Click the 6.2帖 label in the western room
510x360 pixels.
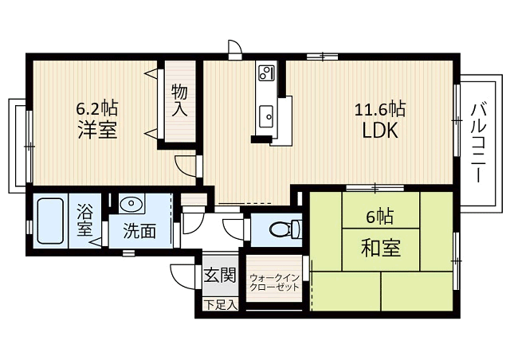[x=97, y=108]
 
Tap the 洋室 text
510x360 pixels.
[x=97, y=130]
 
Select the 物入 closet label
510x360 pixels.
[x=179, y=100]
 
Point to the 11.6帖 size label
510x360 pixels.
[x=379, y=108]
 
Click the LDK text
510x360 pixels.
[x=380, y=130]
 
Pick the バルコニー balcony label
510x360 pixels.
[x=478, y=142]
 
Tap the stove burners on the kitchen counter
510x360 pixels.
[x=266, y=72]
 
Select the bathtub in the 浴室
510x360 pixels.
[x=50, y=221]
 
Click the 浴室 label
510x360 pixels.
[x=84, y=220]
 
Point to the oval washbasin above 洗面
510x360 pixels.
[x=131, y=203]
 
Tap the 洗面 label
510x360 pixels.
[x=139, y=231]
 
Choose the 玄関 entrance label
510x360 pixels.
[x=220, y=275]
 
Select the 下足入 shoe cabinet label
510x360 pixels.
[x=220, y=305]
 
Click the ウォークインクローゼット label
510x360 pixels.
[x=274, y=282]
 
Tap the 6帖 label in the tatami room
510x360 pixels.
[x=379, y=217]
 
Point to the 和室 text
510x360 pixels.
[x=381, y=248]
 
